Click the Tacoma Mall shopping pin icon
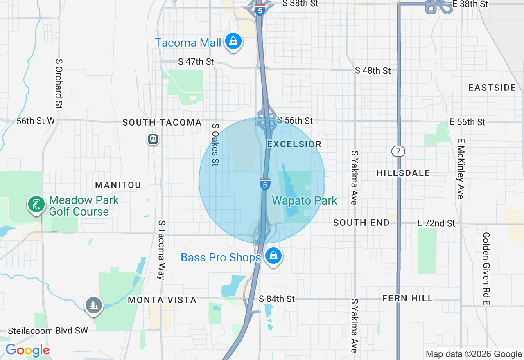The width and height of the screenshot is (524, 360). [233, 41]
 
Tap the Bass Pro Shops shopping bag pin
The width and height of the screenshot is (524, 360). [273, 256]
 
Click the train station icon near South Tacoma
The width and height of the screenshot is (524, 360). [153, 139]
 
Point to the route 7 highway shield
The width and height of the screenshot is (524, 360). [398, 151]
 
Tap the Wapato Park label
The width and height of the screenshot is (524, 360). [305, 200]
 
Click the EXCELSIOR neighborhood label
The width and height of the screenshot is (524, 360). [294, 144]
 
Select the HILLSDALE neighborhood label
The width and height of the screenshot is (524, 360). [403, 173]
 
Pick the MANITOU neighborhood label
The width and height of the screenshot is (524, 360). [118, 185]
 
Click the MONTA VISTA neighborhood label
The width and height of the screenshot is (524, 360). [162, 300]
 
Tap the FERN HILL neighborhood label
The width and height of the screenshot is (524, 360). [407, 298]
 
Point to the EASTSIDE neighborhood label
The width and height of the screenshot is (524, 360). [492, 88]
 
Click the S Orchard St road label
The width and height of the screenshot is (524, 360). [59, 83]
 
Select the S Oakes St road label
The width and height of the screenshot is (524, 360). [215, 145]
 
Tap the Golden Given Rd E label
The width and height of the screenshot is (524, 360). [486, 269]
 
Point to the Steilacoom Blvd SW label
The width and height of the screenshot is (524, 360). [48, 331]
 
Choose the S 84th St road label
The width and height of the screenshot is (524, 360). [277, 299]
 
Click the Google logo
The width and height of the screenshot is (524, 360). [27, 351]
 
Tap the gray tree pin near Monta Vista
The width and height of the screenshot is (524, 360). [94, 305]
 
